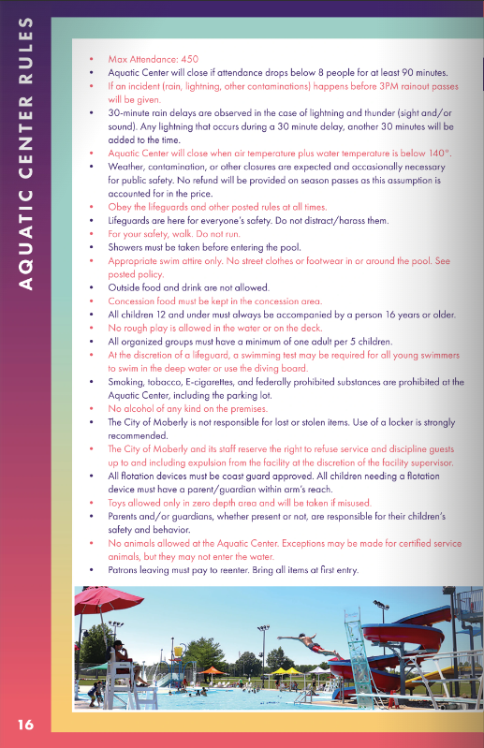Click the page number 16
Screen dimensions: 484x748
click(25, 724)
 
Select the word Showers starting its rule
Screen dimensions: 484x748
click(127, 246)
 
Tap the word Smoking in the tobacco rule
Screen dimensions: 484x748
click(128, 382)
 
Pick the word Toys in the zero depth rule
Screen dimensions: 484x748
click(119, 503)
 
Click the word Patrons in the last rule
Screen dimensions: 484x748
click(126, 569)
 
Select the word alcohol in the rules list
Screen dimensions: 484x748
click(137, 409)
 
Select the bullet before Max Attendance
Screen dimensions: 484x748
click(91, 58)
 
